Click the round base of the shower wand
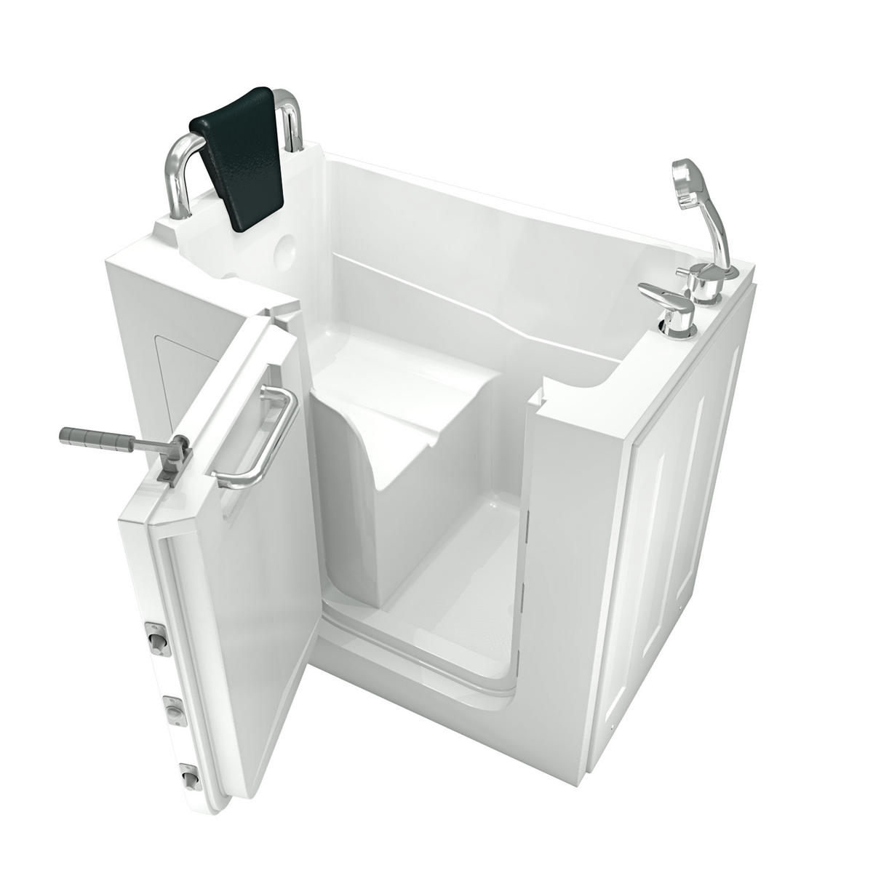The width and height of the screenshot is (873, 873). pos(703,291)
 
